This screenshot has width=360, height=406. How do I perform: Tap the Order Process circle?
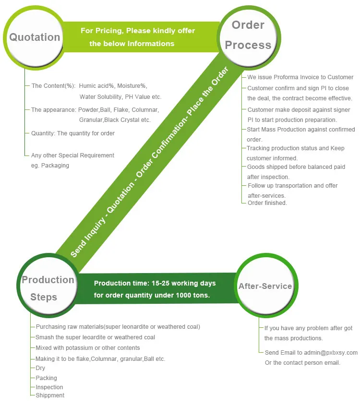coord(249,38)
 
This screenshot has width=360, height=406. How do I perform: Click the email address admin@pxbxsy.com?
coord(330,353)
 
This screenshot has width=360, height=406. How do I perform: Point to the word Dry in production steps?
coord(40,368)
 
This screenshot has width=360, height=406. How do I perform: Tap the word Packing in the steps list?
coord(46,378)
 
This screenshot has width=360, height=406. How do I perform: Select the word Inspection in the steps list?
coord(49,387)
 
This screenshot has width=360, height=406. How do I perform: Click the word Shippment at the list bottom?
coord(50,395)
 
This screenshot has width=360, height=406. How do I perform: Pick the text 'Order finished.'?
coord(267,203)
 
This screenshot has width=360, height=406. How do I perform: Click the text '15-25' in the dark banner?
coord(160,283)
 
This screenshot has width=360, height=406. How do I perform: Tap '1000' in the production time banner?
coord(183,295)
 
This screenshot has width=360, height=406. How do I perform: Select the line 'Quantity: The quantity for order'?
coord(73,133)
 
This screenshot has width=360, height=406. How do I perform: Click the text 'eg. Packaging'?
coord(50,166)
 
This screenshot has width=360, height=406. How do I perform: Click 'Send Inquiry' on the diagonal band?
coord(88,238)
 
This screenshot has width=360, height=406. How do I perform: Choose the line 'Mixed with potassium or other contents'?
coord(88,348)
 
